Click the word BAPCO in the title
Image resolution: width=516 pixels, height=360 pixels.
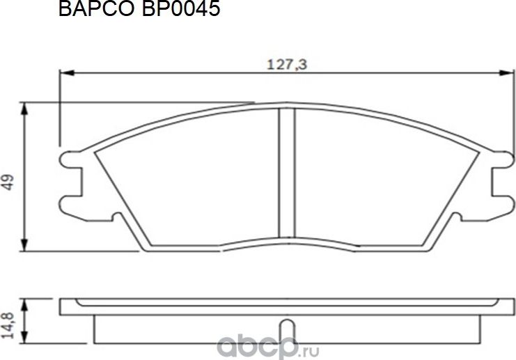click(88, 10)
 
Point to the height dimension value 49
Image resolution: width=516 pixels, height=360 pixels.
click(9, 183)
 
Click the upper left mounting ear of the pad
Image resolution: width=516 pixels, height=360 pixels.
click(72, 159)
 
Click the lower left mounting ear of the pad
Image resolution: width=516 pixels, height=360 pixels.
click(72, 204)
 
